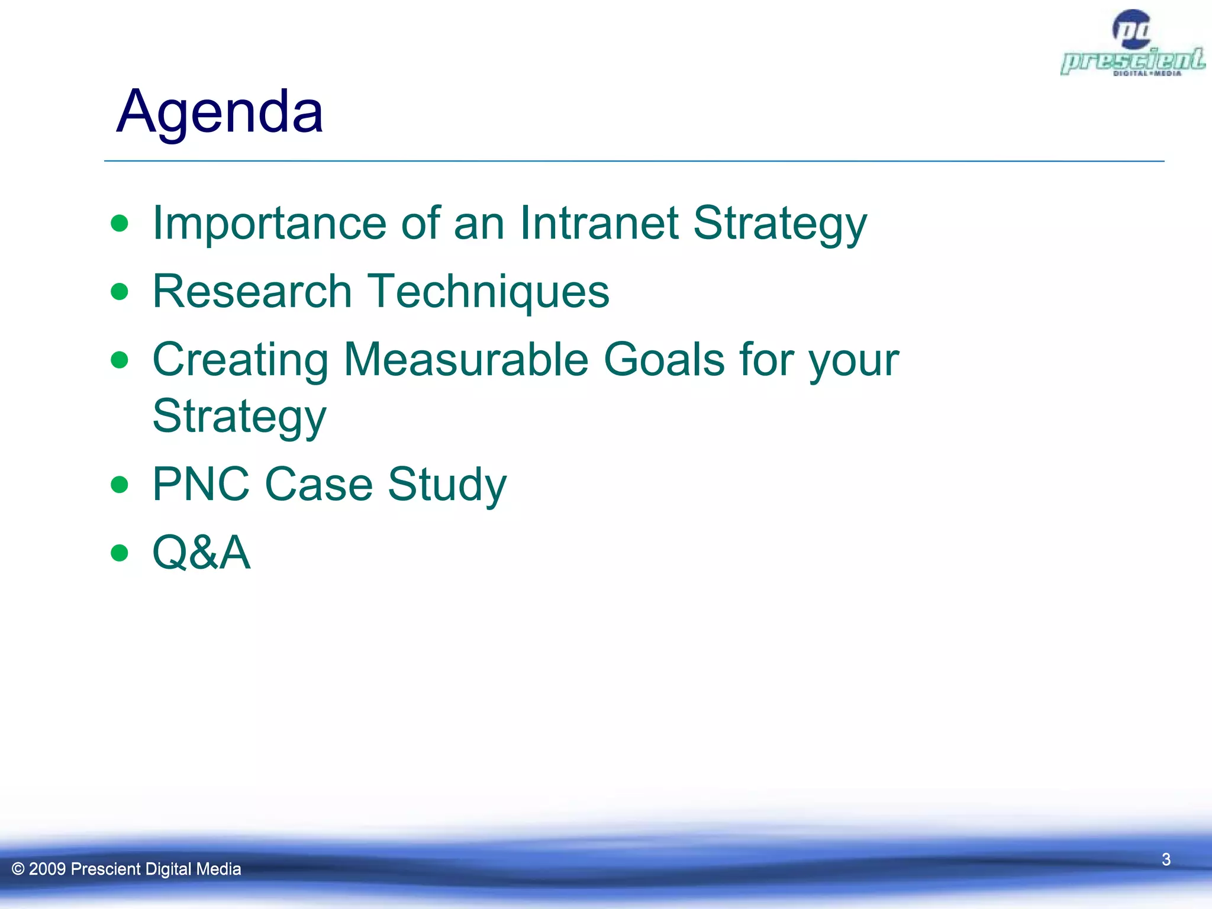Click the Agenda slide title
pos(220,111)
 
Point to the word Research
pos(252,291)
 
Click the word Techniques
pos(488,292)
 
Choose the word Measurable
pos(466,359)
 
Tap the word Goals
pos(663,359)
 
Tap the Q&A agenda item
pos(201,552)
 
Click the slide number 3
pos(1166,859)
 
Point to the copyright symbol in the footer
pos(18,869)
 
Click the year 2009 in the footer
pos(47,869)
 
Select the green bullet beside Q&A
pos(120,553)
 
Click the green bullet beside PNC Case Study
pos(120,485)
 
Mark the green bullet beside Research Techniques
pos(120,291)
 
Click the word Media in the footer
pos(218,869)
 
